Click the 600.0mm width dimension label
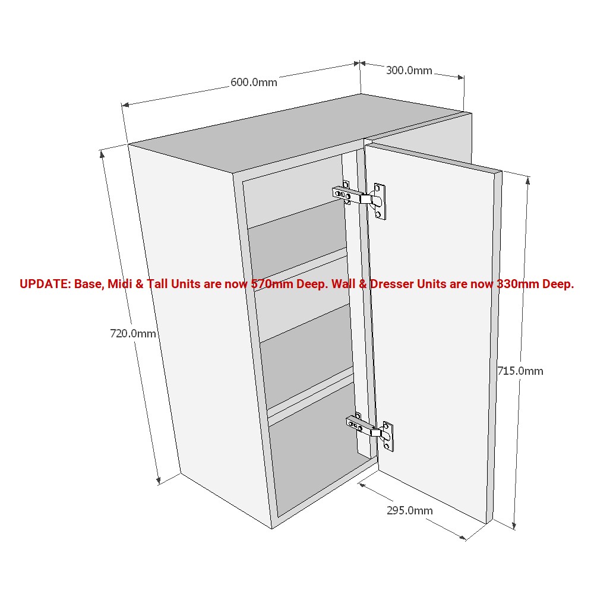[x=254, y=82]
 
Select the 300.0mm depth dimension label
[x=409, y=71]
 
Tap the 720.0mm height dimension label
[x=133, y=333]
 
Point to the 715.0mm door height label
[x=520, y=371]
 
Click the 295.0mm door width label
[x=409, y=511]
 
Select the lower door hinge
[x=370, y=431]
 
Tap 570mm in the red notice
[x=272, y=284]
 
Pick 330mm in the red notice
[x=517, y=284]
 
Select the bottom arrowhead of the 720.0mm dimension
[x=159, y=481]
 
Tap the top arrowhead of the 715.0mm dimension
[x=527, y=181]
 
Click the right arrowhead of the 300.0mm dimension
[x=461, y=77]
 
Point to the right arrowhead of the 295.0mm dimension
[x=462, y=537]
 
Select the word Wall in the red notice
[x=343, y=284]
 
